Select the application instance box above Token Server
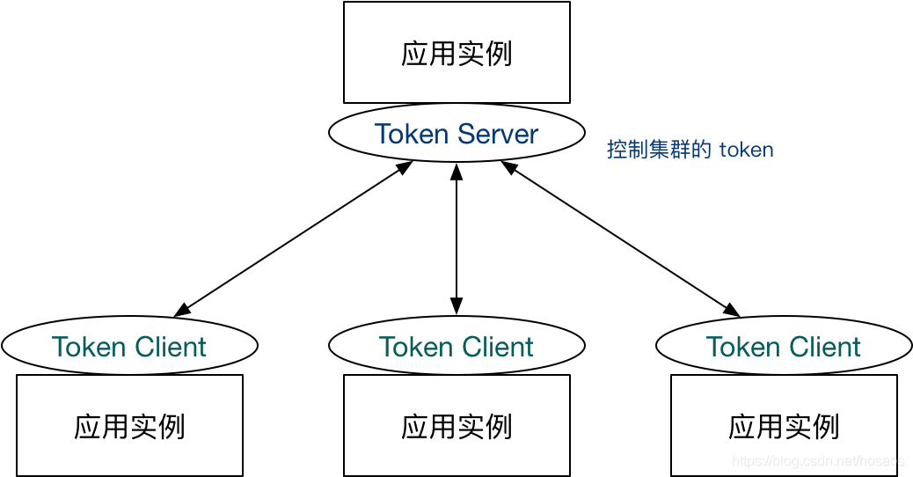(456, 53)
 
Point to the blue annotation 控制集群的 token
(690, 150)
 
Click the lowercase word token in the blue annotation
(746, 150)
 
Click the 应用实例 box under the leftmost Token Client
(129, 426)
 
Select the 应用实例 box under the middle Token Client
(456, 426)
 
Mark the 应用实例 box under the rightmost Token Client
(784, 426)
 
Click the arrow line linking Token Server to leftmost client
(293, 238)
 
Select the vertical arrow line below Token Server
(456, 238)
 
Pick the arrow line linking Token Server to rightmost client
(620, 238)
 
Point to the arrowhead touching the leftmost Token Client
(181, 311)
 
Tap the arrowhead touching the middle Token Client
(456, 307)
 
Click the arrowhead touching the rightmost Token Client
(732, 311)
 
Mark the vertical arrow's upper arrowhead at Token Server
(456, 171)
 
